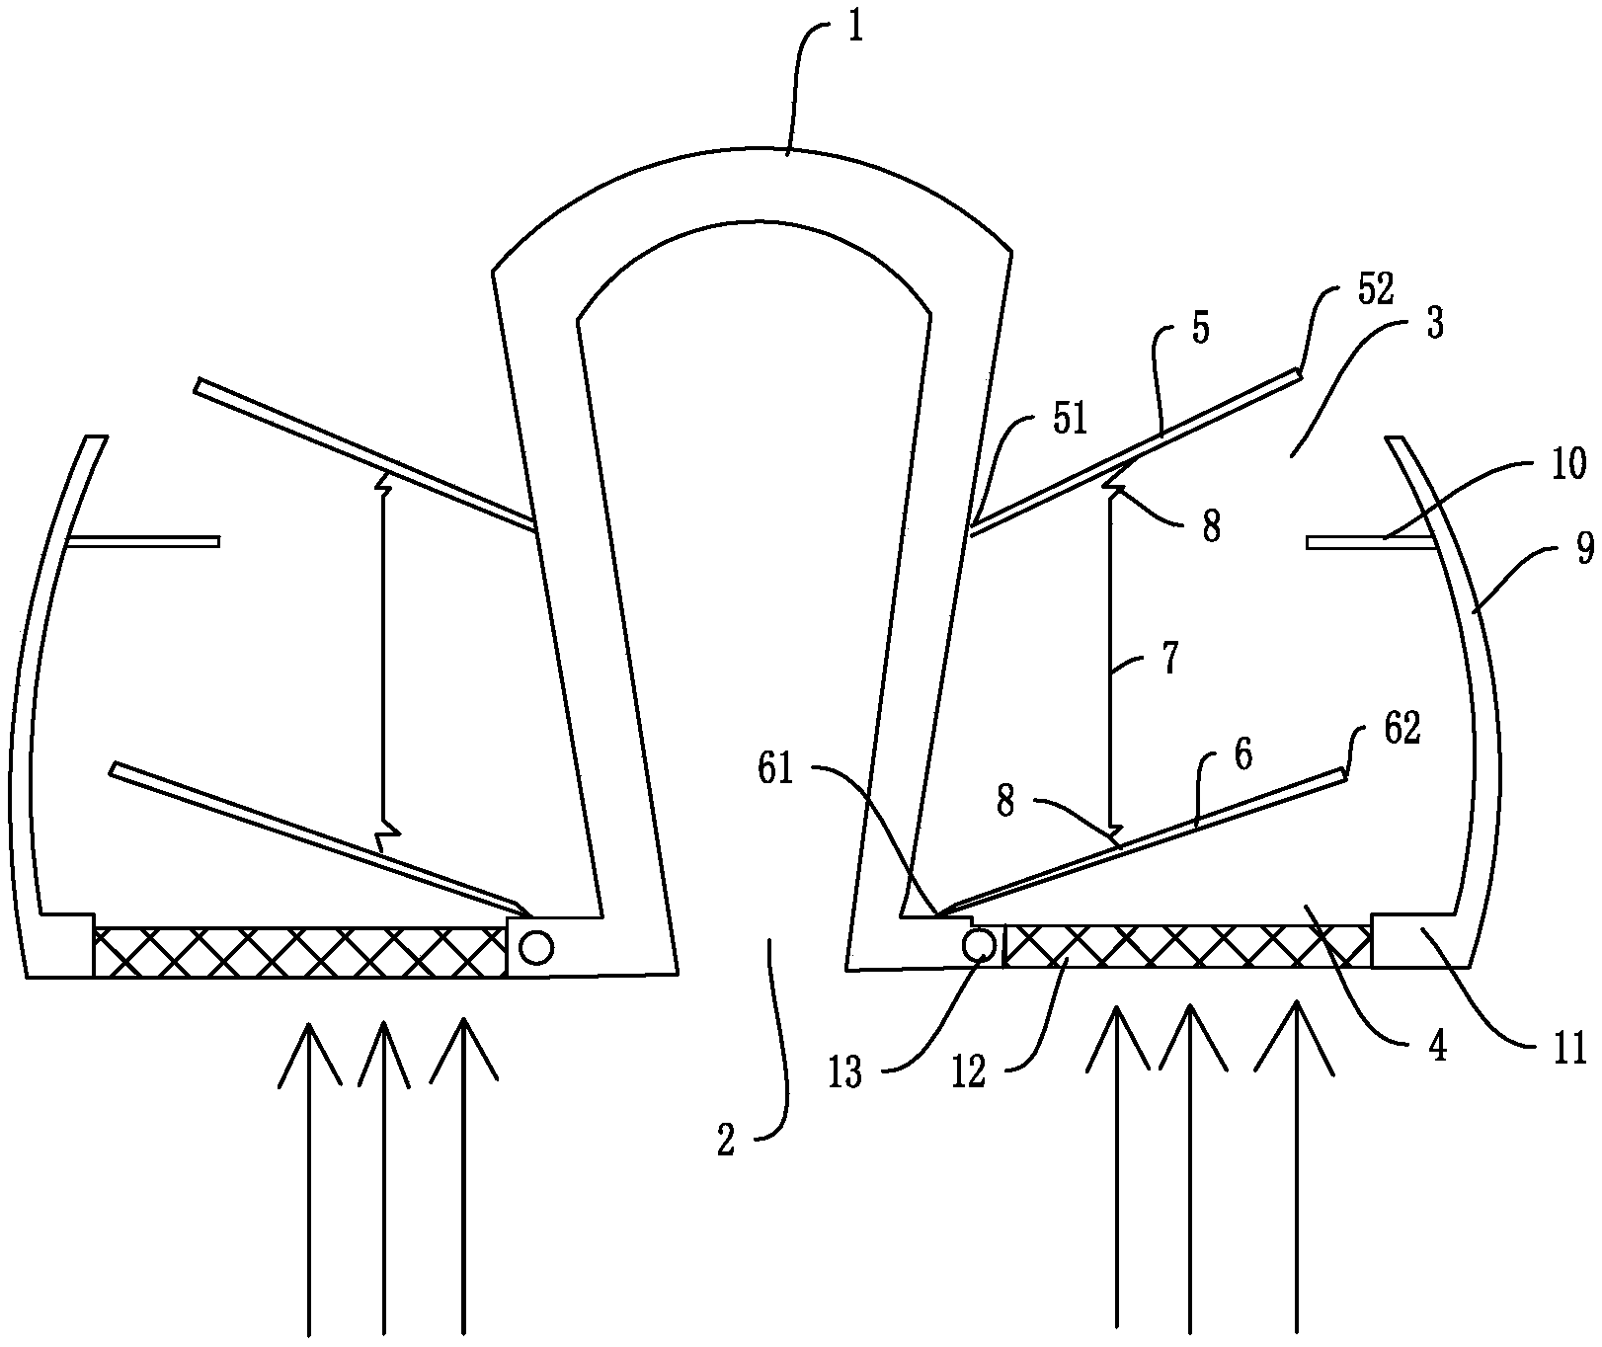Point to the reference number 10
[x=1567, y=462]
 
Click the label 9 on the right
[x=1584, y=546]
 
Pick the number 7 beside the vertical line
[x=1169, y=659]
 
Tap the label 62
[x=1401, y=729]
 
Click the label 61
[x=776, y=768]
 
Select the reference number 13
[x=845, y=1073]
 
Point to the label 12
[x=970, y=1073]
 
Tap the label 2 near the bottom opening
[x=726, y=1143]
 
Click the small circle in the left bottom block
[x=536, y=948]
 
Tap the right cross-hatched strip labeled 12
[x=1186, y=947]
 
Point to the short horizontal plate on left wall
[x=143, y=541]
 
